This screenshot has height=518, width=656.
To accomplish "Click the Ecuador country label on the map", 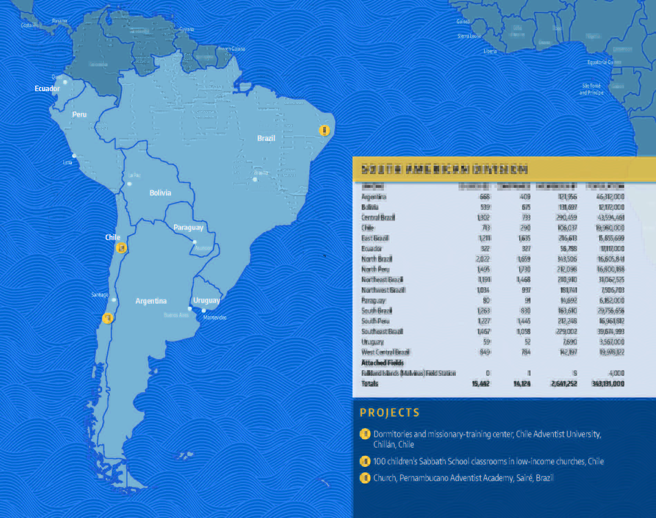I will pyautogui.click(x=47, y=89).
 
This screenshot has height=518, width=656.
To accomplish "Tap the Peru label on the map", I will pyautogui.click(x=79, y=115).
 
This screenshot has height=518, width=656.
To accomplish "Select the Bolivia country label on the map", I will pyautogui.click(x=160, y=193).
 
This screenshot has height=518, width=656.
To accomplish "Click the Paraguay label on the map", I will pyautogui.click(x=188, y=228).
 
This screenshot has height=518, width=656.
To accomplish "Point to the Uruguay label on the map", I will pyautogui.click(x=206, y=300).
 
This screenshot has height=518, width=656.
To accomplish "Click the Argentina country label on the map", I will pyautogui.click(x=151, y=301).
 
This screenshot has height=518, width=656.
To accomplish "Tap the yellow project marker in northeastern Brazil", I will pyautogui.click(x=324, y=131).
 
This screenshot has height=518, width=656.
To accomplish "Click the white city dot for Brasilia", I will pyautogui.click(x=255, y=180).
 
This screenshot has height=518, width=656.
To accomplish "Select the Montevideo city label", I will pyautogui.click(x=215, y=318).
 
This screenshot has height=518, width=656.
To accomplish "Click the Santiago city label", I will pyautogui.click(x=100, y=295).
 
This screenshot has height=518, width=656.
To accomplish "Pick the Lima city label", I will pyautogui.click(x=68, y=162).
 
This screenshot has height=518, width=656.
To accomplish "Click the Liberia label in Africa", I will pyautogui.click(x=490, y=51).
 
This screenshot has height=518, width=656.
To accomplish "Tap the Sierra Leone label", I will pyautogui.click(x=469, y=36).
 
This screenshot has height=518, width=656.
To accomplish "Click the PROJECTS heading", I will pyautogui.click(x=389, y=413).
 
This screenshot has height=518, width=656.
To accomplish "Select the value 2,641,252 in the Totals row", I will pyautogui.click(x=564, y=384).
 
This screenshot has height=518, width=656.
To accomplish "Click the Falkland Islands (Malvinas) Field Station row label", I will pyautogui.click(x=408, y=373).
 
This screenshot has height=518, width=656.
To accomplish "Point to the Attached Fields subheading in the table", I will pyautogui.click(x=382, y=363).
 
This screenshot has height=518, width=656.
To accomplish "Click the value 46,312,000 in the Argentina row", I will pyautogui.click(x=610, y=197).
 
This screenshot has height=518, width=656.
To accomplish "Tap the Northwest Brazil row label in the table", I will pyautogui.click(x=383, y=290).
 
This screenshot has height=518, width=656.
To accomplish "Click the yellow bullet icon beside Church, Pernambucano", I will pyautogui.click(x=365, y=478).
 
